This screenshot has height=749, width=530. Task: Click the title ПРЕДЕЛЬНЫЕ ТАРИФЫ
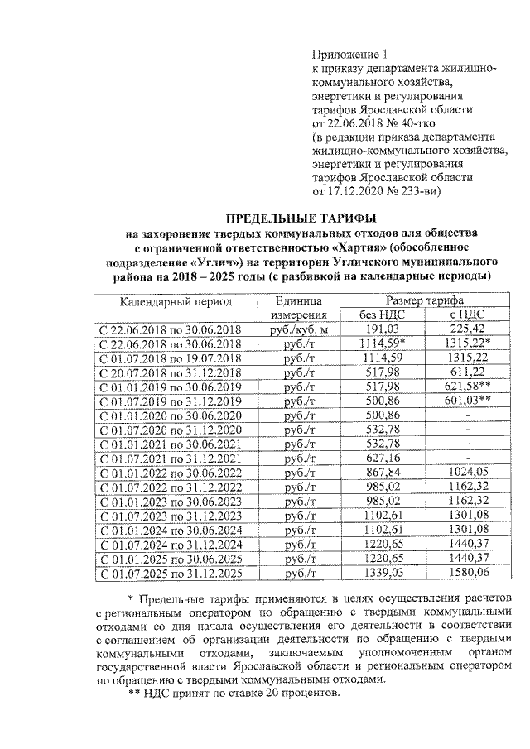click(x=301, y=218)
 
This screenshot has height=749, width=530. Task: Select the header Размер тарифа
click(x=423, y=300)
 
